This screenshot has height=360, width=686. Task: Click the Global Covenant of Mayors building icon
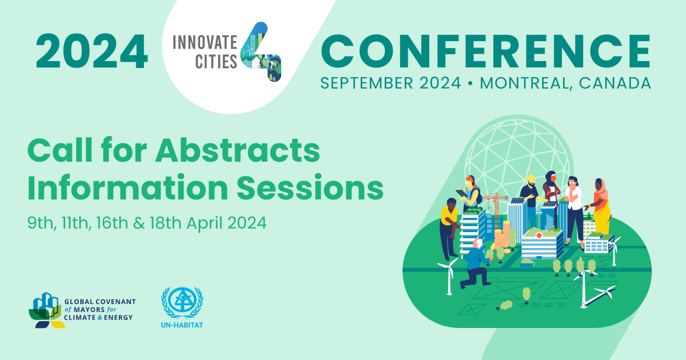coord(45,311)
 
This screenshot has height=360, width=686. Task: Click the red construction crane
coord(495,203)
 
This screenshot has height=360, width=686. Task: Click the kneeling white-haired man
coord(477,263)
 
